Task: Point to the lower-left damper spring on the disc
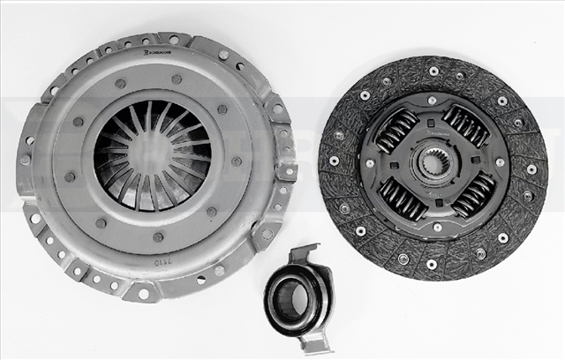click(x=403, y=199)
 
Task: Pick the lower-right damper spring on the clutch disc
click(x=474, y=194)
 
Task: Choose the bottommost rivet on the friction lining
click(x=432, y=264)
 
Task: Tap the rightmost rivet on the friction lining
click(x=531, y=169)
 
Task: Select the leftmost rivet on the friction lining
click(x=334, y=161)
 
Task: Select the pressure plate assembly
click(x=154, y=163)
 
